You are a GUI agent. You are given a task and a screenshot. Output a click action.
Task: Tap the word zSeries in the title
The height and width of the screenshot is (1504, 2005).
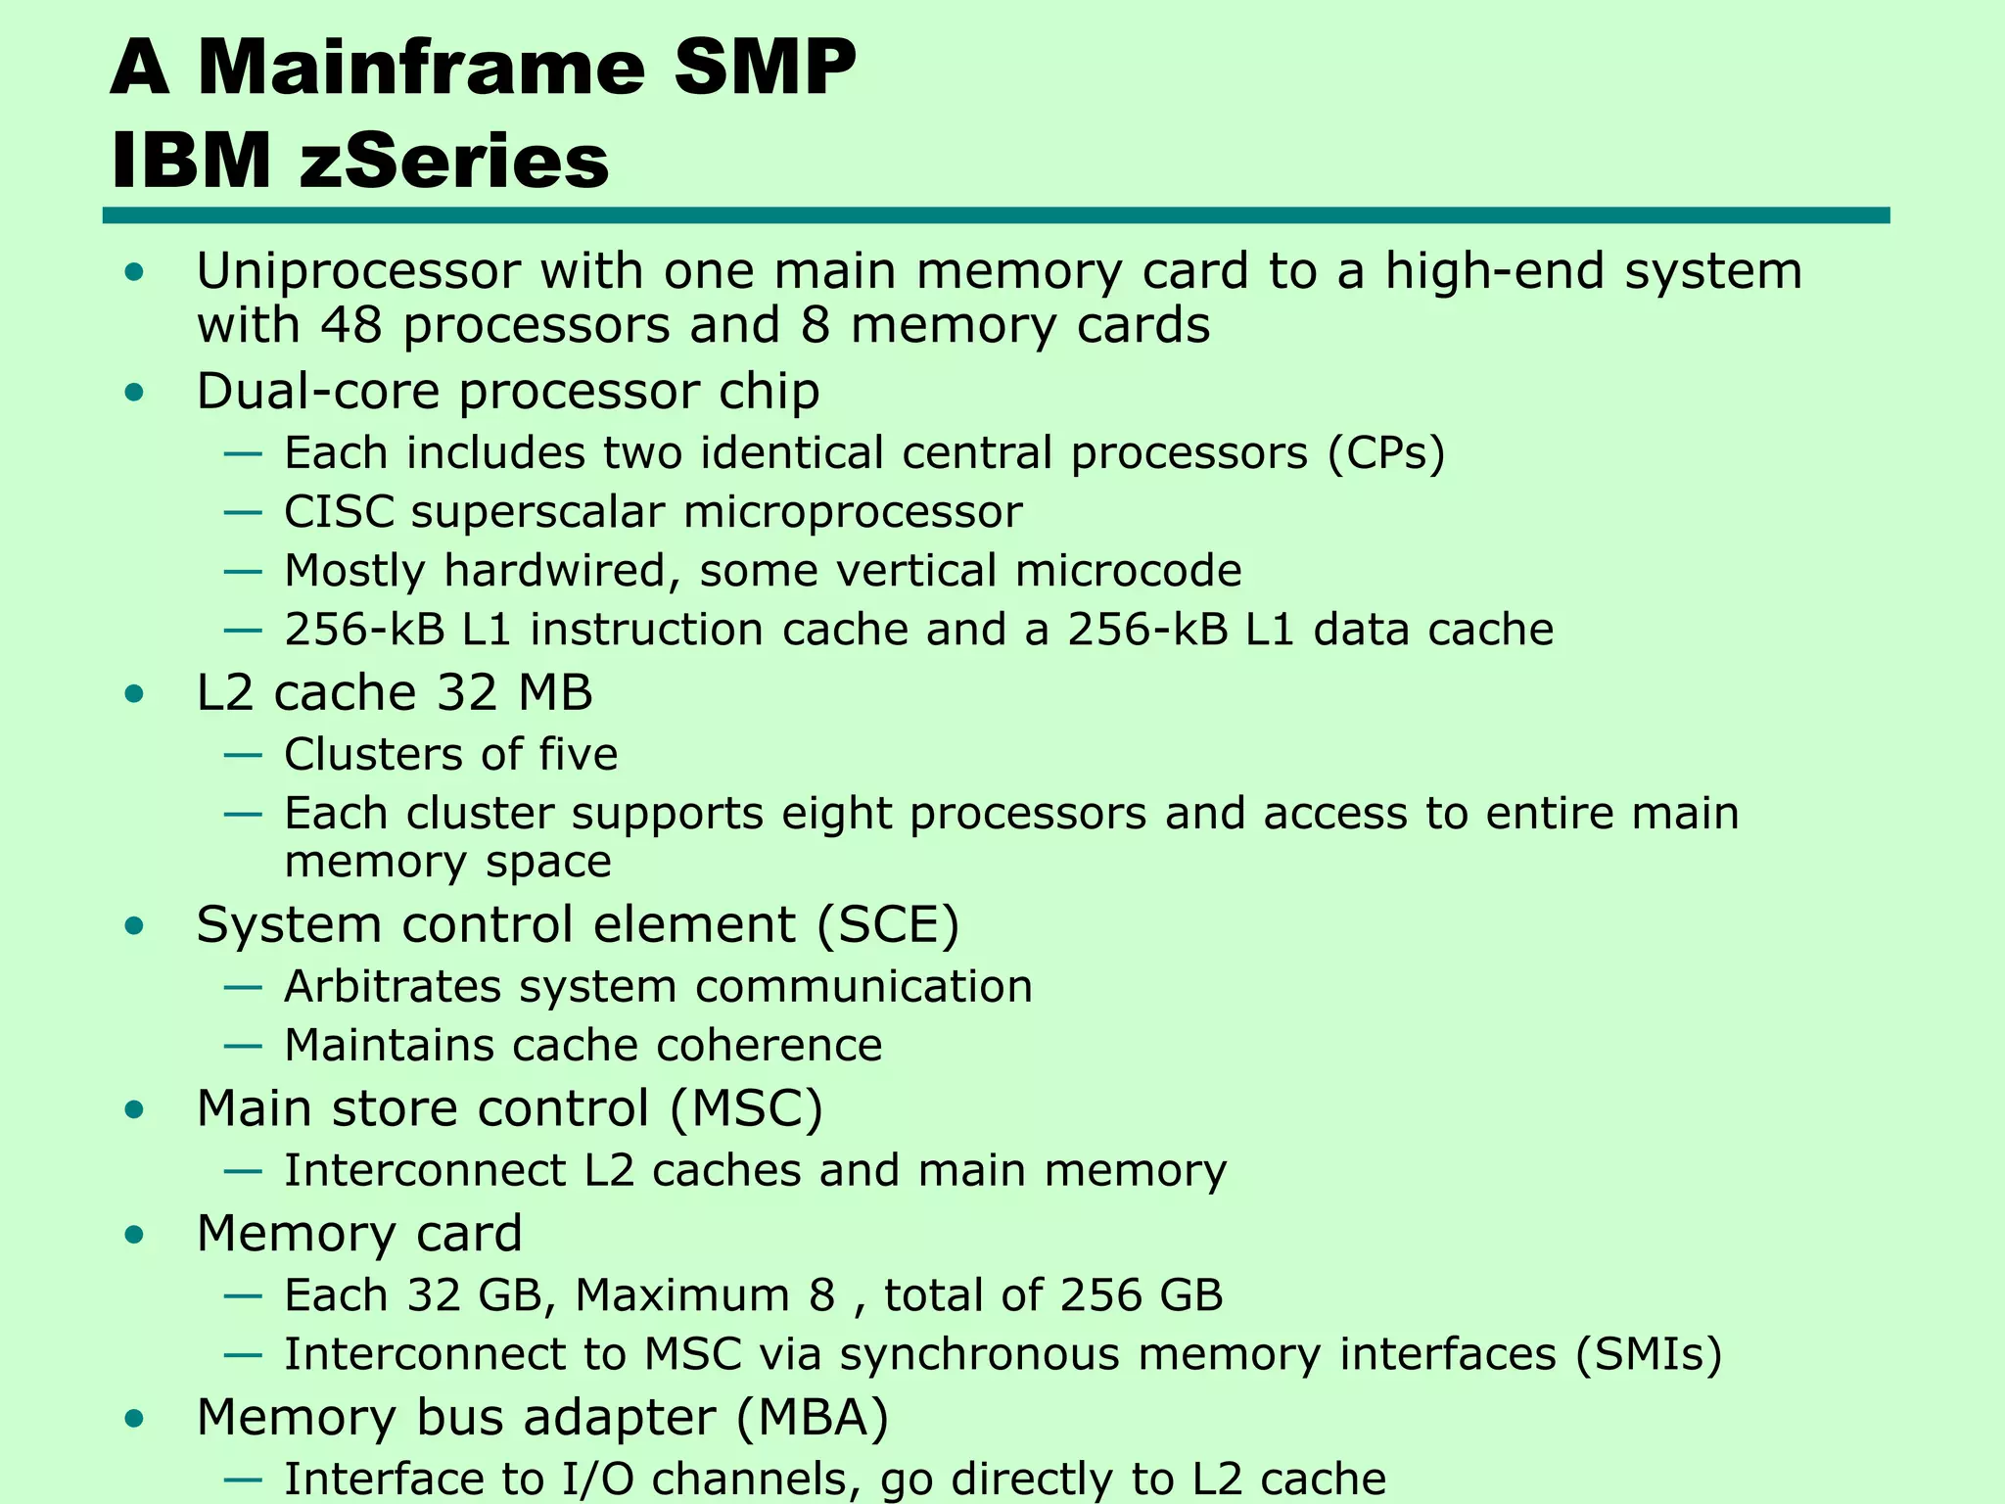[454, 162]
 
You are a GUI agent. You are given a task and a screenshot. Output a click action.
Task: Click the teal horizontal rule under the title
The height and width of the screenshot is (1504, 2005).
[995, 215]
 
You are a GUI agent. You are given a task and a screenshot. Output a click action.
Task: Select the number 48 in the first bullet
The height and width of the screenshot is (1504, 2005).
[350, 325]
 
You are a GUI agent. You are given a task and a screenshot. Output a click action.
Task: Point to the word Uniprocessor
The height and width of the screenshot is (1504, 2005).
[358, 272]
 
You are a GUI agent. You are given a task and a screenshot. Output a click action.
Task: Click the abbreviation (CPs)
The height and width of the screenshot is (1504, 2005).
[1386, 453]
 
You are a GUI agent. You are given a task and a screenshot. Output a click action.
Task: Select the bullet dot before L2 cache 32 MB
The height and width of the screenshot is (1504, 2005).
[135, 694]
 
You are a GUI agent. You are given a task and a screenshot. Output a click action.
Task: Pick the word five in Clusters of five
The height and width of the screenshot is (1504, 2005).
[578, 755]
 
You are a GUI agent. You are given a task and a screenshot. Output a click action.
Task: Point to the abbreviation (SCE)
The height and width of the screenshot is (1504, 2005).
[887, 925]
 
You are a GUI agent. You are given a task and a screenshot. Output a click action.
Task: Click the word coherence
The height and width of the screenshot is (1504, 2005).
[769, 1046]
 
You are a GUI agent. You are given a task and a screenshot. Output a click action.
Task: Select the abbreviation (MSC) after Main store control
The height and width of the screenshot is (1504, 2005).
[746, 1109]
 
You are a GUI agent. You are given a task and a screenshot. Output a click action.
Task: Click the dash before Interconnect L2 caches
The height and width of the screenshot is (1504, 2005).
[243, 1171]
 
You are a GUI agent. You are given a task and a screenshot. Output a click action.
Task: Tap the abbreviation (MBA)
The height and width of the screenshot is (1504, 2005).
[812, 1418]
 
